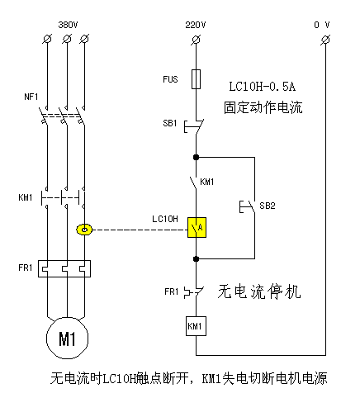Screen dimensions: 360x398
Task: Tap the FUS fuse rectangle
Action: tap(196, 79)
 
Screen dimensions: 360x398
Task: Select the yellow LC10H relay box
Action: tap(197, 227)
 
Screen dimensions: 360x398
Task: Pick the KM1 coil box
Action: tap(196, 326)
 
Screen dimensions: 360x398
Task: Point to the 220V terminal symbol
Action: tap(196, 40)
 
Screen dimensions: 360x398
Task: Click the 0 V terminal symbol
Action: tap(325, 40)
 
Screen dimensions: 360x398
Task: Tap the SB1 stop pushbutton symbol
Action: tap(194, 126)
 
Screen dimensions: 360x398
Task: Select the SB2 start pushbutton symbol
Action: tap(248, 206)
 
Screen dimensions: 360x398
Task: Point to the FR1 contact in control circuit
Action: tap(195, 291)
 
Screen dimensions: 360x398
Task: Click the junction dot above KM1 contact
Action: tap(196, 158)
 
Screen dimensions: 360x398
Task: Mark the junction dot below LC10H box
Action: tap(196, 259)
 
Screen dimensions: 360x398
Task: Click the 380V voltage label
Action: tap(68, 25)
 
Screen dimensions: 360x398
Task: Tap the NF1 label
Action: tap(31, 97)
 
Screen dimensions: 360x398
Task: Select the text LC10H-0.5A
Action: tap(263, 87)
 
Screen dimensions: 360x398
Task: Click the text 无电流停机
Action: tap(259, 291)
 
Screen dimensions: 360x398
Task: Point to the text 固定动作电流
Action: tap(263, 107)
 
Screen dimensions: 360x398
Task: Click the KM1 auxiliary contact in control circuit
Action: tap(193, 183)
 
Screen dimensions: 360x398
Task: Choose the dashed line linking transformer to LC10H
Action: tap(140, 230)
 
